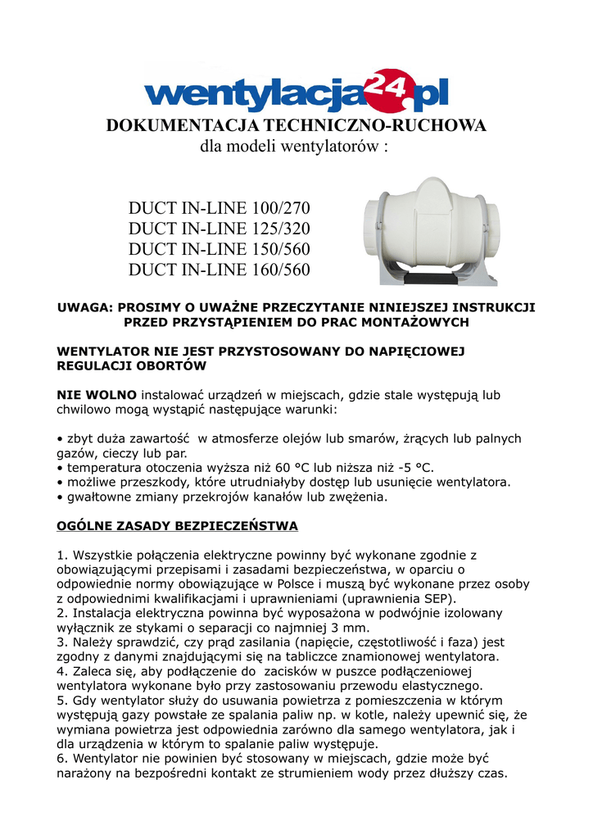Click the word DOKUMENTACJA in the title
[176, 125]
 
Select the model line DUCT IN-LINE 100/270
[220, 207]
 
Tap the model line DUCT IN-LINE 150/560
[220, 248]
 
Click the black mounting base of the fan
[429, 278]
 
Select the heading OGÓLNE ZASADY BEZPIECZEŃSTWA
[177, 524]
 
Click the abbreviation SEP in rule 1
[429, 599]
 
